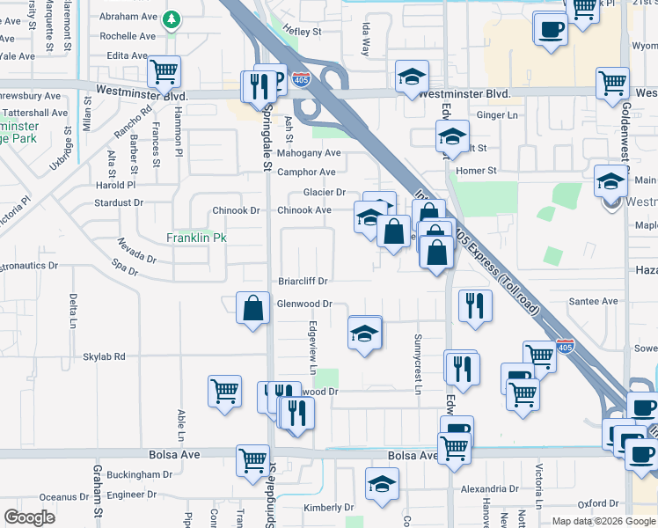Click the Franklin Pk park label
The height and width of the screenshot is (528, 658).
coord(197,238)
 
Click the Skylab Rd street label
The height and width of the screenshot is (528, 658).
coord(105,357)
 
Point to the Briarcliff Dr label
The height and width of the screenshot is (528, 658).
coord(303,282)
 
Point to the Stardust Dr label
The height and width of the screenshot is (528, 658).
coord(119,202)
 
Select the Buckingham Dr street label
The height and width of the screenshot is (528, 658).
coord(141,474)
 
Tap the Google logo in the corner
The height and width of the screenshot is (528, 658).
coord(29,517)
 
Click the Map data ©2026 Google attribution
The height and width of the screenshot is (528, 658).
coord(603,521)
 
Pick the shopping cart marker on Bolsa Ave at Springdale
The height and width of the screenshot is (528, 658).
coord(252,458)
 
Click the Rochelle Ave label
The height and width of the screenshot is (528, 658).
coord(128,36)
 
